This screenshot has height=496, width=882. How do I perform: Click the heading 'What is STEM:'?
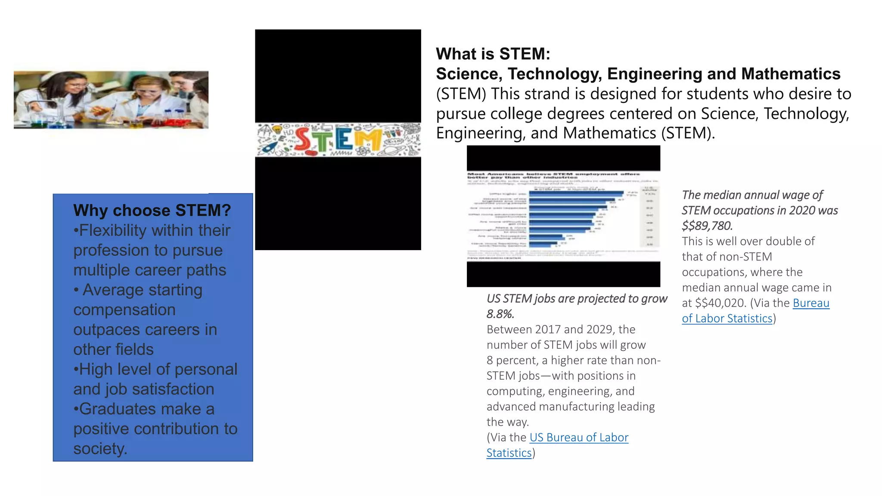pyautogui.click(x=493, y=54)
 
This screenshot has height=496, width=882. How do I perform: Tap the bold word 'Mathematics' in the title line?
pyautogui.click(x=791, y=74)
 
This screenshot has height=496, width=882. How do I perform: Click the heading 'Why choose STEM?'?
pyautogui.click(x=152, y=210)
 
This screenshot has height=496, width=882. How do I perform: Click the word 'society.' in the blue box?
pyautogui.click(x=100, y=449)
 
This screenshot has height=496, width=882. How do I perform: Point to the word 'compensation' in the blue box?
pyautogui.click(x=124, y=310)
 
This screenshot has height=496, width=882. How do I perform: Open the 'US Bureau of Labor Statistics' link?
pyautogui.click(x=578, y=437)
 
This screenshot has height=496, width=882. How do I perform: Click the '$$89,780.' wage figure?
pyautogui.click(x=707, y=226)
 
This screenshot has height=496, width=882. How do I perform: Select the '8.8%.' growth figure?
pyautogui.click(x=500, y=314)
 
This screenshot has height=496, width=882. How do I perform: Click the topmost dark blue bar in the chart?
pyautogui.click(x=576, y=193)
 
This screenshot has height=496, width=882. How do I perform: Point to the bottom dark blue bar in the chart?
pyautogui.click(x=543, y=245)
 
